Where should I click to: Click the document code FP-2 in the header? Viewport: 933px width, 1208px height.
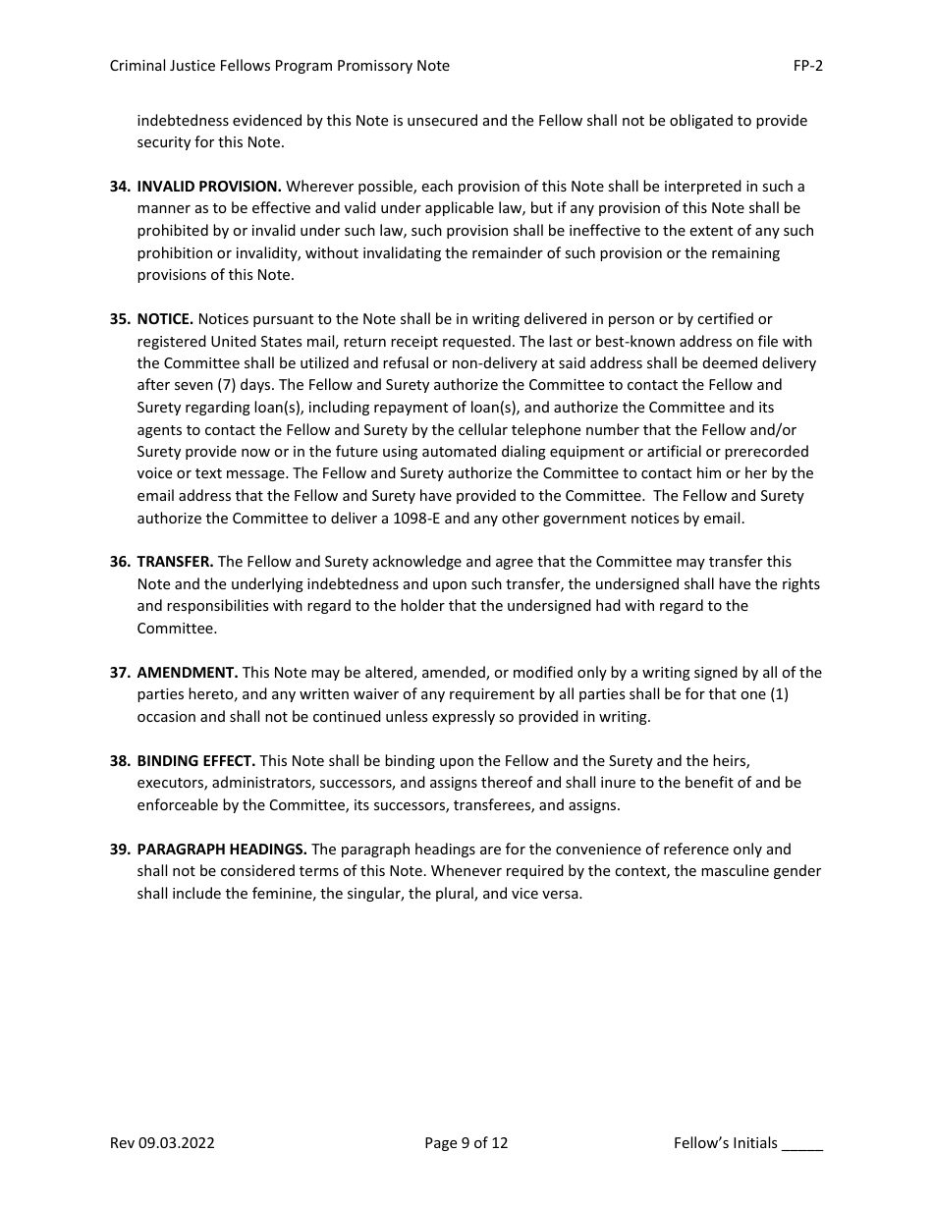click(807, 66)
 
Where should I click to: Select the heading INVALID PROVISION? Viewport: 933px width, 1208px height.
click(209, 187)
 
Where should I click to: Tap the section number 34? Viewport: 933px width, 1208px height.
click(120, 187)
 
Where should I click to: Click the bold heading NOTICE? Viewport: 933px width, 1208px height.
click(165, 319)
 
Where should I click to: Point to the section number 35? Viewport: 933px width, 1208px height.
click(120, 319)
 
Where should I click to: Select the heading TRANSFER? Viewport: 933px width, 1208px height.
click(175, 562)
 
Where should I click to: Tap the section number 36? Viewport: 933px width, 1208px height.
click(120, 562)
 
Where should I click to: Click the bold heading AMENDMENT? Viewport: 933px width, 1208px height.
click(187, 673)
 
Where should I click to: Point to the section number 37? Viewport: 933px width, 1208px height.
click(120, 673)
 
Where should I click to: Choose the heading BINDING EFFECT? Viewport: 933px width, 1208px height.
click(195, 761)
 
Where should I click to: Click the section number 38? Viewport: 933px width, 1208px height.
click(120, 761)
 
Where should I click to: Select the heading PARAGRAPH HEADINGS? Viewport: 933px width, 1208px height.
click(222, 850)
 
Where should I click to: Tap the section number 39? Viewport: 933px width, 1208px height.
click(120, 850)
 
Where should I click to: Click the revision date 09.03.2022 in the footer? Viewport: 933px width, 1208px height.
click(177, 1143)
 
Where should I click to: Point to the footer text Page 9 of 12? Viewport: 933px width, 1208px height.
click(466, 1143)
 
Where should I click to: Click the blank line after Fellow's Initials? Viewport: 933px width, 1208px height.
click(802, 1145)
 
